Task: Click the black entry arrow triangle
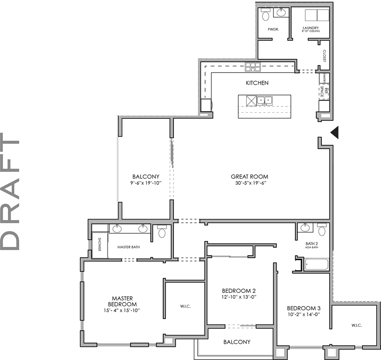pos(336,132)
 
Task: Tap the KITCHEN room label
pos(257,83)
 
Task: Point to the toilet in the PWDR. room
pos(265,15)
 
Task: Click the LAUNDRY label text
pos(310,28)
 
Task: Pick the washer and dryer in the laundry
pos(317,15)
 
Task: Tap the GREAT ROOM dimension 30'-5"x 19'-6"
pos(249,183)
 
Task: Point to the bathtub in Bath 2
pos(316,264)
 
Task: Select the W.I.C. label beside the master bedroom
pos(185,306)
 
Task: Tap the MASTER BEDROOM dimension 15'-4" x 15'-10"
pos(122,310)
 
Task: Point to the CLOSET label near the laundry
pos(324,55)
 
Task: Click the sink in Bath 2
pos(305,227)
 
